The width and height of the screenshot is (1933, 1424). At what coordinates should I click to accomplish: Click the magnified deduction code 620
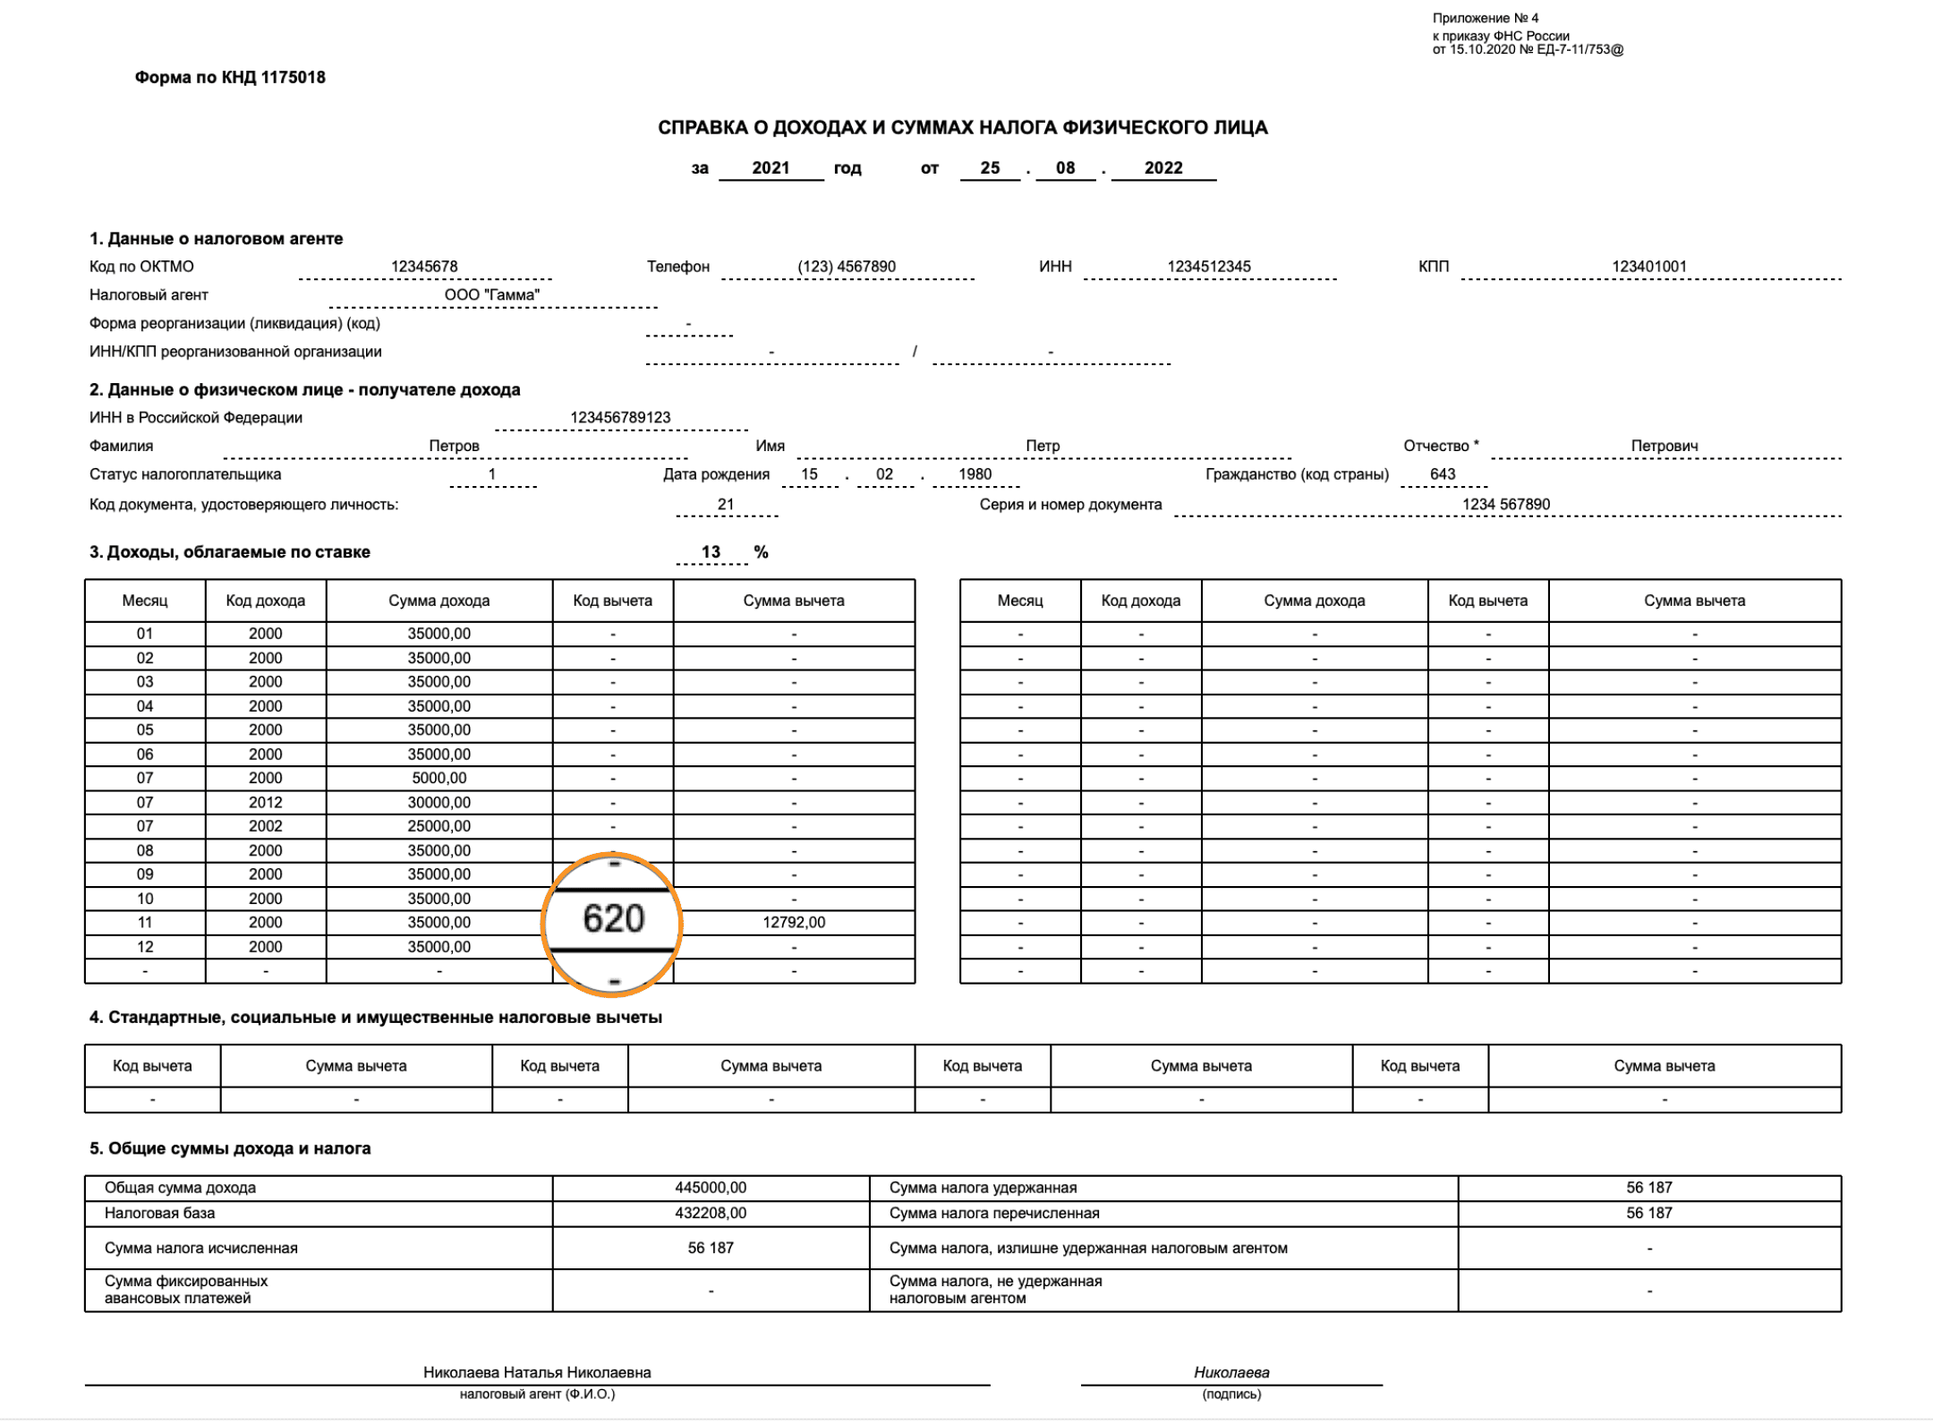point(613,919)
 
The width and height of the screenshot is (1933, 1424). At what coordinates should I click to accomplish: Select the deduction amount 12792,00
point(794,923)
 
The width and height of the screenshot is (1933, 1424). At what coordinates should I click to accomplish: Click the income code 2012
point(266,803)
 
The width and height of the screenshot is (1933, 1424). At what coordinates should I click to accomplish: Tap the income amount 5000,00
point(439,779)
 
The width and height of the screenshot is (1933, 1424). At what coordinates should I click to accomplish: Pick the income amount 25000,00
point(439,826)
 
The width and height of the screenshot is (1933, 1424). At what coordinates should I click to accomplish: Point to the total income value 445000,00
point(711,1188)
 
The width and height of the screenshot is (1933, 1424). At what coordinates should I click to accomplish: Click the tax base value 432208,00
point(711,1214)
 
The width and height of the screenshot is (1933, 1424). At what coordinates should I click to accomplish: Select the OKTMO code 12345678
point(424,267)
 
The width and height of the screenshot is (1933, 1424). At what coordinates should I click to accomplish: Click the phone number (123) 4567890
point(847,267)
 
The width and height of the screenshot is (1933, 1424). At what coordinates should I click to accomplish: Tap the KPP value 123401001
point(1649,267)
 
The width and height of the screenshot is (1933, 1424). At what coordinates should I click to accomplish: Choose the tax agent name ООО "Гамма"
point(492,295)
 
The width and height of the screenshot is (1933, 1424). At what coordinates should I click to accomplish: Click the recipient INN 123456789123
point(620,418)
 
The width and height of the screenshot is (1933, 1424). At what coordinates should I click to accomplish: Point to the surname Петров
point(454,447)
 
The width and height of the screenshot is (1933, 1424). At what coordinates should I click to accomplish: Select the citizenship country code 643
point(1443,474)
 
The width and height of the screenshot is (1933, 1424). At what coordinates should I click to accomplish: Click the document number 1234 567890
point(1506,505)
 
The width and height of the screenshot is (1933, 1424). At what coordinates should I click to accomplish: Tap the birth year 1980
point(975,474)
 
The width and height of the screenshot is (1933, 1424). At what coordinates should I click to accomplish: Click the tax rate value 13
point(711,552)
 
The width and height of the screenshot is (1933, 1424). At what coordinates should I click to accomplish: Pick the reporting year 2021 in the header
point(771,168)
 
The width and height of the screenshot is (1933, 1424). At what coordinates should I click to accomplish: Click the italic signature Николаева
point(1231,1373)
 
